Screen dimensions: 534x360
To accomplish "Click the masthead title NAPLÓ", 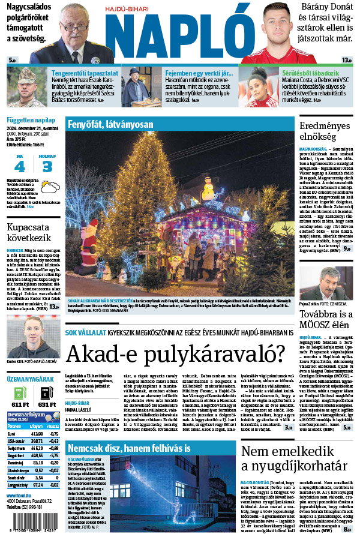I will (180, 33).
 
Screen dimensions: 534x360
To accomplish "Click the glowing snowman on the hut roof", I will (208, 190).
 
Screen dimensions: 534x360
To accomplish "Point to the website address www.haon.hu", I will (18, 496).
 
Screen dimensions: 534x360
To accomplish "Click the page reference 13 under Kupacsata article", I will (53, 307).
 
